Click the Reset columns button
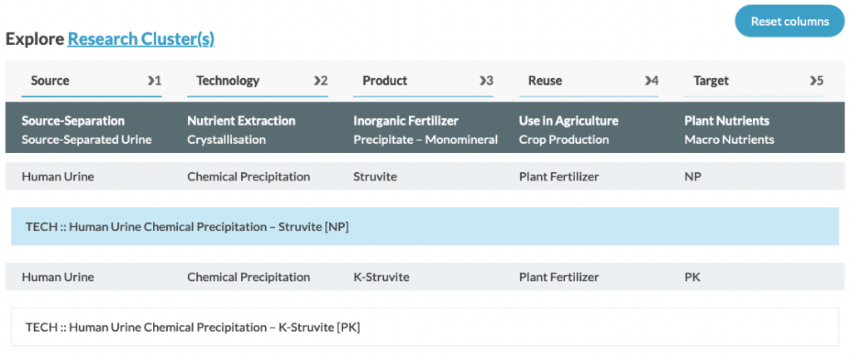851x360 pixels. [790, 21]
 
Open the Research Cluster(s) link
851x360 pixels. [141, 39]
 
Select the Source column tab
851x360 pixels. [91, 81]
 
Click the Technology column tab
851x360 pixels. [258, 81]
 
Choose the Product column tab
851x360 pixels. [423, 81]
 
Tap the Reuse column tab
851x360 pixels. [589, 81]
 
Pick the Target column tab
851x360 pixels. [754, 81]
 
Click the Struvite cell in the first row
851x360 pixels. [375, 176]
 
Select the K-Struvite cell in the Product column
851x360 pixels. [381, 277]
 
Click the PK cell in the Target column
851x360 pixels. [692, 277]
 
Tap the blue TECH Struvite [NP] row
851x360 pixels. [425, 226]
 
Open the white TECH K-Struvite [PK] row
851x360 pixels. [425, 327]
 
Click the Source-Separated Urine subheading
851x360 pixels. [86, 140]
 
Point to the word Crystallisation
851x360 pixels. [226, 140]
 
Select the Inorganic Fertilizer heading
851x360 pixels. [406, 121]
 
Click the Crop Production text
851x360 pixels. [563, 140]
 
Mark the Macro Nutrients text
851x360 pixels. [729, 140]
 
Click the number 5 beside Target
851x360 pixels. [820, 81]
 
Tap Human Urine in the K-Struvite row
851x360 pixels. [57, 277]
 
